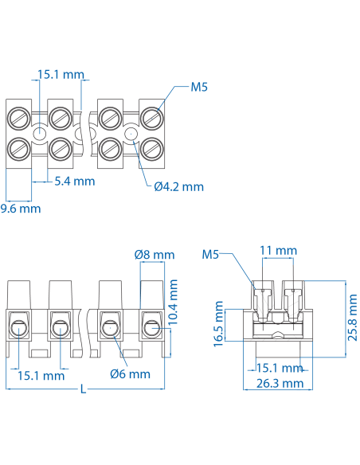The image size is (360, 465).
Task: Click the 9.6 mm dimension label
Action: (20, 209)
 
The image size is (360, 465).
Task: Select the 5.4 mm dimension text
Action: (74, 182)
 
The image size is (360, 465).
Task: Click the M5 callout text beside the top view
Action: (199, 88)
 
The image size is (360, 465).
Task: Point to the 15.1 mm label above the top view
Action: (61, 75)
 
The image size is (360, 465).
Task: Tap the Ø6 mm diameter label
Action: (130, 373)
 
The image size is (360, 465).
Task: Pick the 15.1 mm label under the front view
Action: (41, 375)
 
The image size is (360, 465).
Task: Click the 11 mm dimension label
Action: (278, 251)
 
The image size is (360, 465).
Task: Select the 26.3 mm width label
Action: (278, 383)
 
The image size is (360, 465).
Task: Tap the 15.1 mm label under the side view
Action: (278, 368)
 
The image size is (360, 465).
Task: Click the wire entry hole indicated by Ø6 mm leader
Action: (109, 326)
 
